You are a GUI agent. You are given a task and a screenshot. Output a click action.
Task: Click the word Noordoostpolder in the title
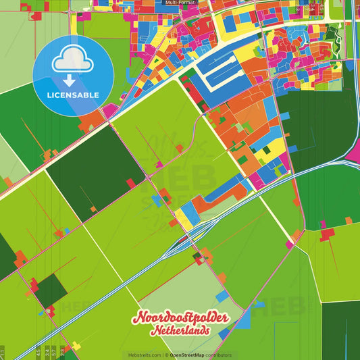pos(180,318)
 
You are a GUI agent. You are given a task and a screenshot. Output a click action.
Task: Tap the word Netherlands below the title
pos(180,331)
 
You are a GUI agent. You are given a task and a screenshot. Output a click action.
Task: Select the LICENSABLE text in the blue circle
pos(73,95)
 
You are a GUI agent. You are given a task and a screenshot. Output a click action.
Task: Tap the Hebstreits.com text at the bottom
pos(143,355)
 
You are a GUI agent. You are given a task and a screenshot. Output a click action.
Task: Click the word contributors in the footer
pos(219,355)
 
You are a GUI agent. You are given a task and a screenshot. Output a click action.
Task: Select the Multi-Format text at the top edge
pos(180,3)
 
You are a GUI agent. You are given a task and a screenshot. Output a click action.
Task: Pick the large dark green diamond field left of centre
pos(95,172)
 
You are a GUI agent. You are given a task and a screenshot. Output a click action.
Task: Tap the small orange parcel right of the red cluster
pos(349,221)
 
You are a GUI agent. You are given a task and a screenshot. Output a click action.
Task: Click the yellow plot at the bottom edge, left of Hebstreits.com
pos(76,346)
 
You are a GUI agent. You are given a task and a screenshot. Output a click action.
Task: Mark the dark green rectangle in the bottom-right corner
pos(341,331)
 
